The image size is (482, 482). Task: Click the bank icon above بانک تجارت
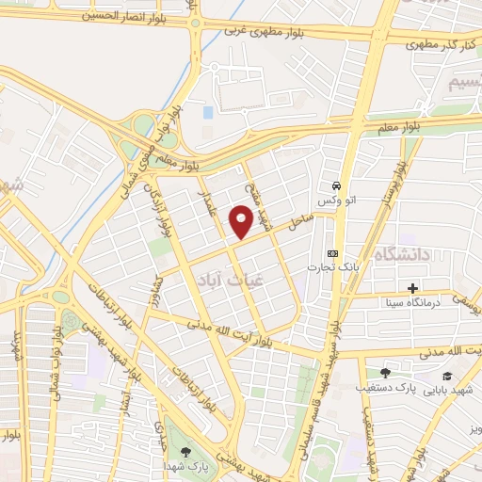point(331,254)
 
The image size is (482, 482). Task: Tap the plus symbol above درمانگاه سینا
point(412,288)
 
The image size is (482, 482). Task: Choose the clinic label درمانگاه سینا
point(410,303)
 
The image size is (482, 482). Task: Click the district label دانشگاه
point(403,255)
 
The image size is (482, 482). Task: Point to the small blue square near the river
point(207,112)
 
